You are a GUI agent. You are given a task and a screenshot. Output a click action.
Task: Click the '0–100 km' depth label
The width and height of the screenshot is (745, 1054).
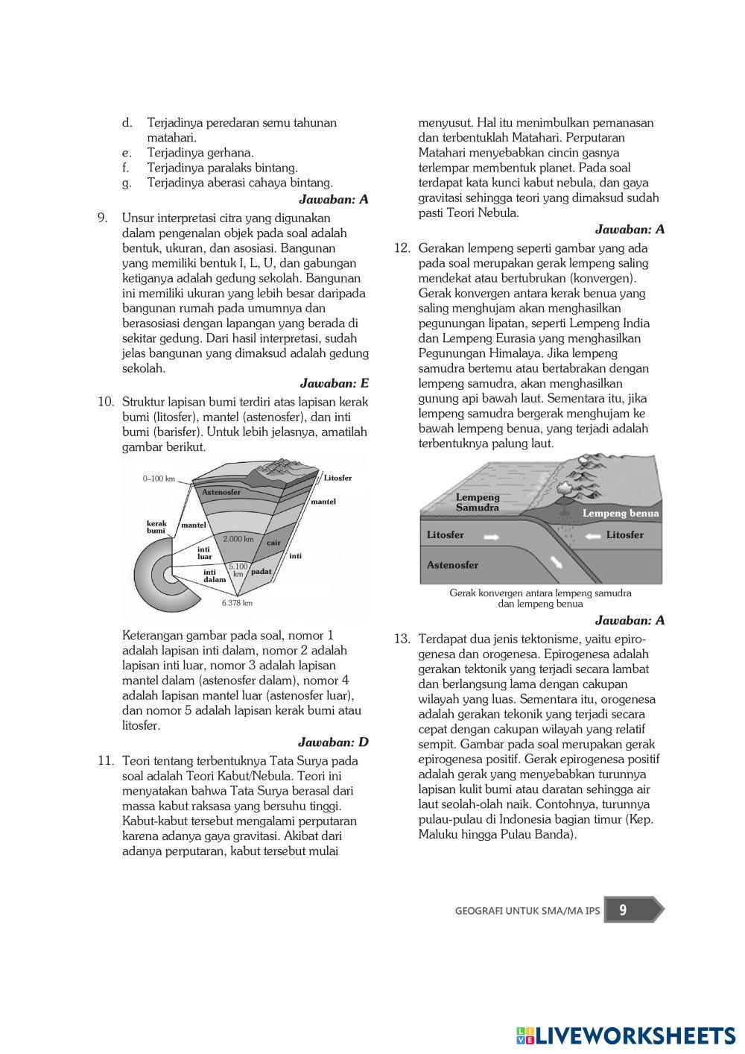[x=159, y=479]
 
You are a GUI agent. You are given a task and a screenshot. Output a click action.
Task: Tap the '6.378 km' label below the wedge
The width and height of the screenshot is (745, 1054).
[x=237, y=603]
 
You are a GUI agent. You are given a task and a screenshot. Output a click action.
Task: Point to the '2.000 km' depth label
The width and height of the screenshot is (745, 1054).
[x=238, y=539]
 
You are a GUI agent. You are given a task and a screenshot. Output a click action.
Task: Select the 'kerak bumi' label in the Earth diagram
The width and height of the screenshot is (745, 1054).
[x=156, y=527]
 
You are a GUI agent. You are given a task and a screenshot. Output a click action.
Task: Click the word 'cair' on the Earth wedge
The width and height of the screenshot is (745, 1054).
[x=273, y=543]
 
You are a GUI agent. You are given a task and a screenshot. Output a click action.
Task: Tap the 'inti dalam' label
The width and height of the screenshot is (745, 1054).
[x=215, y=575]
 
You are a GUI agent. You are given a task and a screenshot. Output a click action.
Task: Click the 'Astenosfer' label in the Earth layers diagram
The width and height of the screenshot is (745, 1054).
[x=221, y=493]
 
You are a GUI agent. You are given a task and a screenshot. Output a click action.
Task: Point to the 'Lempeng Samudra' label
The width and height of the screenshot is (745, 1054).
[x=478, y=502]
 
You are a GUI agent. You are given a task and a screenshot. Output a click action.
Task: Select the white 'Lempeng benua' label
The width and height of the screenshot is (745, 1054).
[x=621, y=513]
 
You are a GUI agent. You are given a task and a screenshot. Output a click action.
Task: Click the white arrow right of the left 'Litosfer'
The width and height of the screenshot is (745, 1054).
[x=492, y=535]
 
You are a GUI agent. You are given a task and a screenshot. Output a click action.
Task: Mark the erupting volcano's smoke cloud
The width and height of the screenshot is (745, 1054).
[x=564, y=488]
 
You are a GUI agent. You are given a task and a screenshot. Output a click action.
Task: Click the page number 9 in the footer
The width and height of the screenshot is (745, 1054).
[x=623, y=909]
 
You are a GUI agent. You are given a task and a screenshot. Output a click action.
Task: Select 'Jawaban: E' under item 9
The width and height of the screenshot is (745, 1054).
[x=335, y=383]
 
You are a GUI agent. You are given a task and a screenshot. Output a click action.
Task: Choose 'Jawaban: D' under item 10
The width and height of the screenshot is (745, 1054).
[x=333, y=742]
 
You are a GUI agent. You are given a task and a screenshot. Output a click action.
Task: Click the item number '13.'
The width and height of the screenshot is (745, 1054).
[x=402, y=639]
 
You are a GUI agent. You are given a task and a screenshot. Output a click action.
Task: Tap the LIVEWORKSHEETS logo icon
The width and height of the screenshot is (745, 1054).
[x=525, y=1035]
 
